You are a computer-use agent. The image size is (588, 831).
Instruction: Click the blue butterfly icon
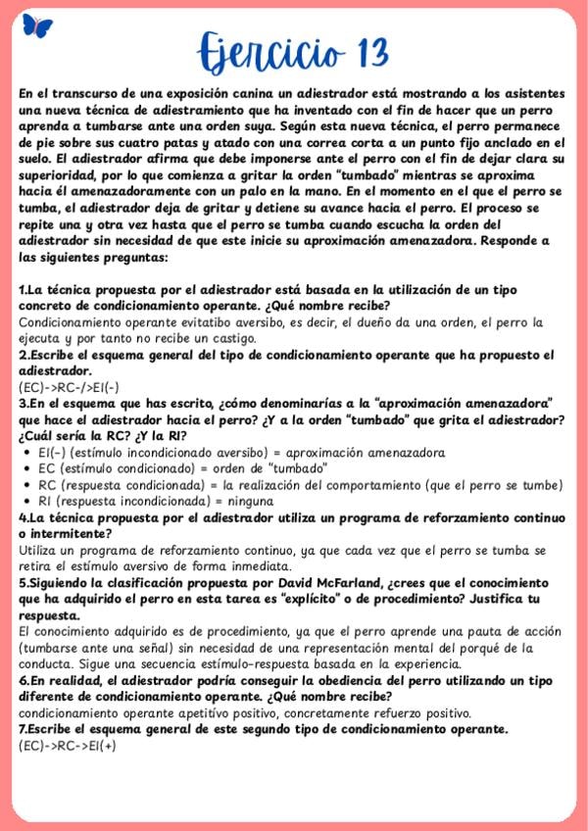37,25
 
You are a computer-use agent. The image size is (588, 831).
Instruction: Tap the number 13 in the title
366,50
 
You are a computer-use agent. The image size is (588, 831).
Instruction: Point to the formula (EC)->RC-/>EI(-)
69,387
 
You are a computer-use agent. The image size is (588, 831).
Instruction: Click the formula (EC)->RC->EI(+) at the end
67,745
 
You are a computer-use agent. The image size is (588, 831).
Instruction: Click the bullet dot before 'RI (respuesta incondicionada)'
25,501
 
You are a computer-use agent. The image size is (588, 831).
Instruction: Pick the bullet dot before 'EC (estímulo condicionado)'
25,469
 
